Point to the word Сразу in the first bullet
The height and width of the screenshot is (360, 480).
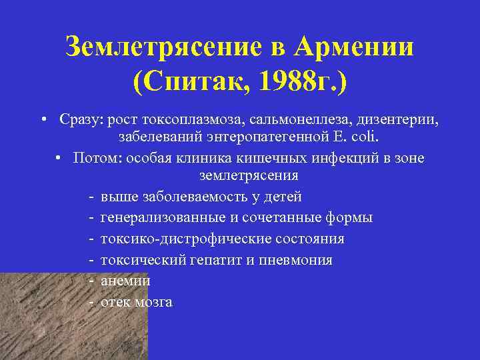pyautogui.click(x=77, y=119)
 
